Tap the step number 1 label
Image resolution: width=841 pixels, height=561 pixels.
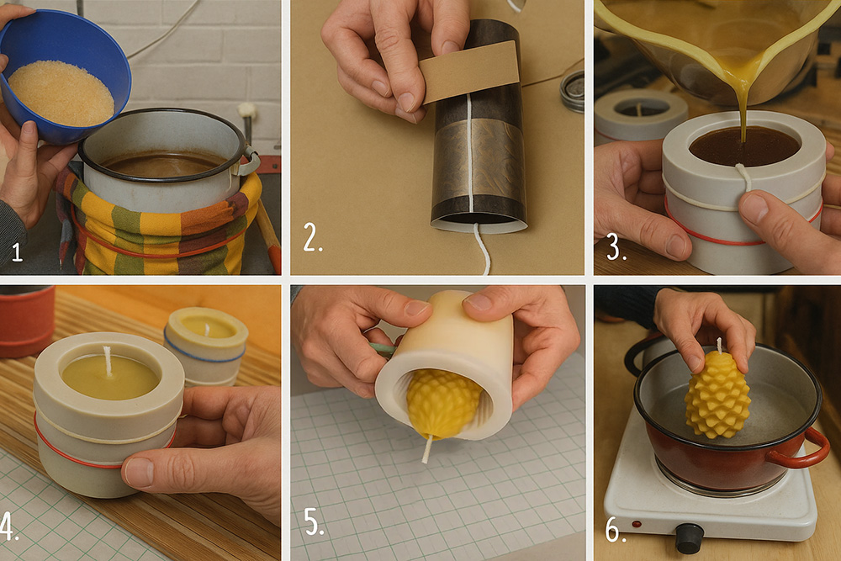point(17,252)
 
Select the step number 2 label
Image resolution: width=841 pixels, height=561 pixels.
point(312,237)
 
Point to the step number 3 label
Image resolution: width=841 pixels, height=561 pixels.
point(616,247)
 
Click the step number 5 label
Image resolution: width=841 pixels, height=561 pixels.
point(315,521)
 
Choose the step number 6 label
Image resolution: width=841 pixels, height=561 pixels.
point(616,529)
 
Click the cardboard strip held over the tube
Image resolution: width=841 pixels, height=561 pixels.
point(470,72)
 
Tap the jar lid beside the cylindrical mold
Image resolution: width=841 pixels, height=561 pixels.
point(572,91)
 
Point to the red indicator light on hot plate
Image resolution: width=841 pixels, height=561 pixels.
point(637,524)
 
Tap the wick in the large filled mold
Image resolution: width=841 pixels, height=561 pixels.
point(108,361)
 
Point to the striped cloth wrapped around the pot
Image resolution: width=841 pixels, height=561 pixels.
point(161,225)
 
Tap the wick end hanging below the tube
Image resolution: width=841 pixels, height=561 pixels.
point(482,250)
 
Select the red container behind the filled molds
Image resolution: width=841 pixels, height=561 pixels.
point(26,320)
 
